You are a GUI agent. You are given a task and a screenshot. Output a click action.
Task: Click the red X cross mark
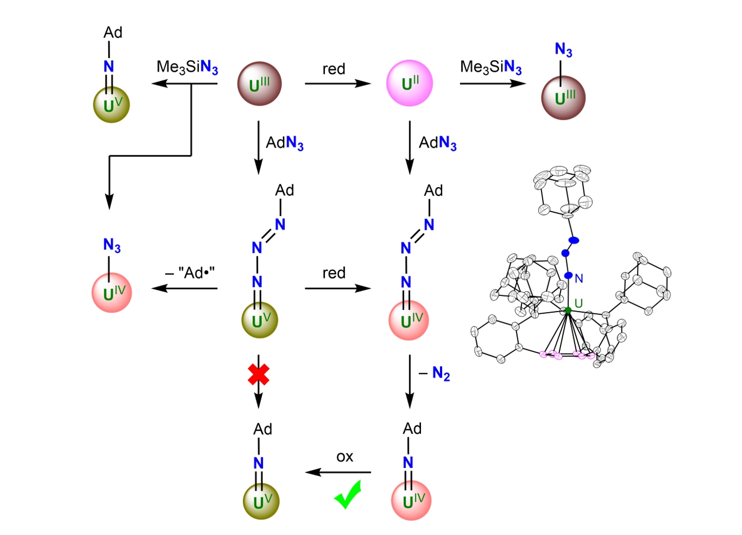tap(258, 374)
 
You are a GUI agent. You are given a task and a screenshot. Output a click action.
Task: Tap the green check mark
tap(347, 495)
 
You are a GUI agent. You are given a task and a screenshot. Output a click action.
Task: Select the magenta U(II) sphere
tap(409, 83)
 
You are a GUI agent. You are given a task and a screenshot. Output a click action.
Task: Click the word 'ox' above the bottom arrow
tap(344, 457)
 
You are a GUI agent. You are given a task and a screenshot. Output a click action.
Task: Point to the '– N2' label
tap(434, 374)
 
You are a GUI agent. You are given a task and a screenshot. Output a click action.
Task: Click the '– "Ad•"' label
tap(190, 273)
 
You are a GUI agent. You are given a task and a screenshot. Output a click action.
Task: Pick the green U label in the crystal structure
tap(578, 303)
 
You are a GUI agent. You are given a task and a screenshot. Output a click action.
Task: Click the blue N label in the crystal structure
tap(579, 278)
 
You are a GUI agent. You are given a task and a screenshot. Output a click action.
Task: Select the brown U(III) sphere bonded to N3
tap(563, 98)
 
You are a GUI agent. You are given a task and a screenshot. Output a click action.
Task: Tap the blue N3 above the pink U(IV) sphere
tap(112, 245)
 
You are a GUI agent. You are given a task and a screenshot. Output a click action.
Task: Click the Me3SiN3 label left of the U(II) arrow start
tap(187, 68)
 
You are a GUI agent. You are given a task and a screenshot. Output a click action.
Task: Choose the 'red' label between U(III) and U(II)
tap(334, 69)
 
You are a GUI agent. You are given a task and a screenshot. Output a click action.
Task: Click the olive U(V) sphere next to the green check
tap(261, 501)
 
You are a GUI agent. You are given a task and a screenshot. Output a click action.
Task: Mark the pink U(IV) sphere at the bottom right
tap(411, 500)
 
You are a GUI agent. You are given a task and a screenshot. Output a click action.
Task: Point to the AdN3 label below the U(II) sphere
tap(438, 144)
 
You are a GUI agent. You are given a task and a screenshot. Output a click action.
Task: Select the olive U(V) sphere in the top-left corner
tap(111, 104)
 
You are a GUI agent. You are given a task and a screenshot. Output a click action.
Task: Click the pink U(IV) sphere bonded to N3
tap(112, 292)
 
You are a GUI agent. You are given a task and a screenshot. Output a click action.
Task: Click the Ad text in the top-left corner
tap(113, 32)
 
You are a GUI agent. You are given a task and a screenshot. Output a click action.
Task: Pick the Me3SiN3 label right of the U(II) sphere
tap(491, 68)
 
